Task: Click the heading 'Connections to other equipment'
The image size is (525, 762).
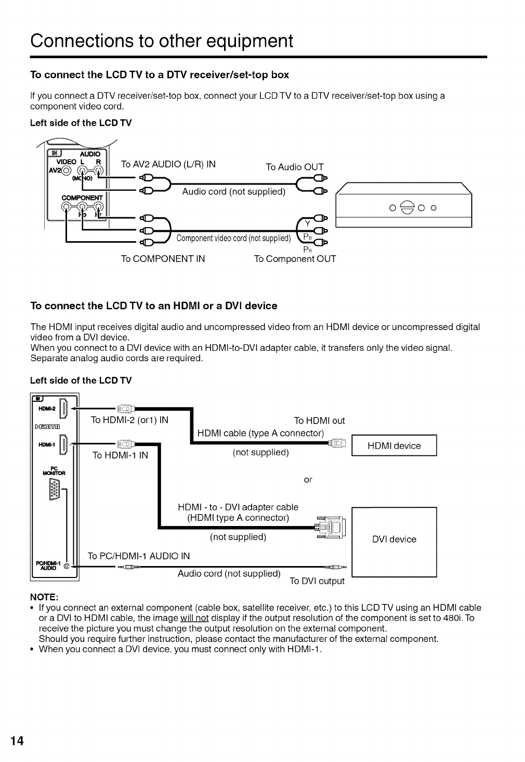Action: (161, 40)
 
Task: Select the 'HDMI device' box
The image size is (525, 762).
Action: (394, 445)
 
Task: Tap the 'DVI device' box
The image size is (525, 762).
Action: (394, 539)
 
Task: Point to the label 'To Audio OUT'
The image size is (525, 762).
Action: (294, 167)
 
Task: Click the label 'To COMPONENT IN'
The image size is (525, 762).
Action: (163, 258)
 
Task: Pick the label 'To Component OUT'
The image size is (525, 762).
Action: (295, 258)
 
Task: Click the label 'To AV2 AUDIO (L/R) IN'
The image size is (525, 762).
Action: (168, 164)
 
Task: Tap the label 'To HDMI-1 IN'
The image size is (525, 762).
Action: (120, 455)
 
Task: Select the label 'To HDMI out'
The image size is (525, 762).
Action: (319, 421)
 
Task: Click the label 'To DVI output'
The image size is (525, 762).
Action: (317, 581)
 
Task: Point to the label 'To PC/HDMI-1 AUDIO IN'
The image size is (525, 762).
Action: (139, 556)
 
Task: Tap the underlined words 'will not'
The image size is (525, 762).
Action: (194, 618)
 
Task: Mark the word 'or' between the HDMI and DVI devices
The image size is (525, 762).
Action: (308, 479)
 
